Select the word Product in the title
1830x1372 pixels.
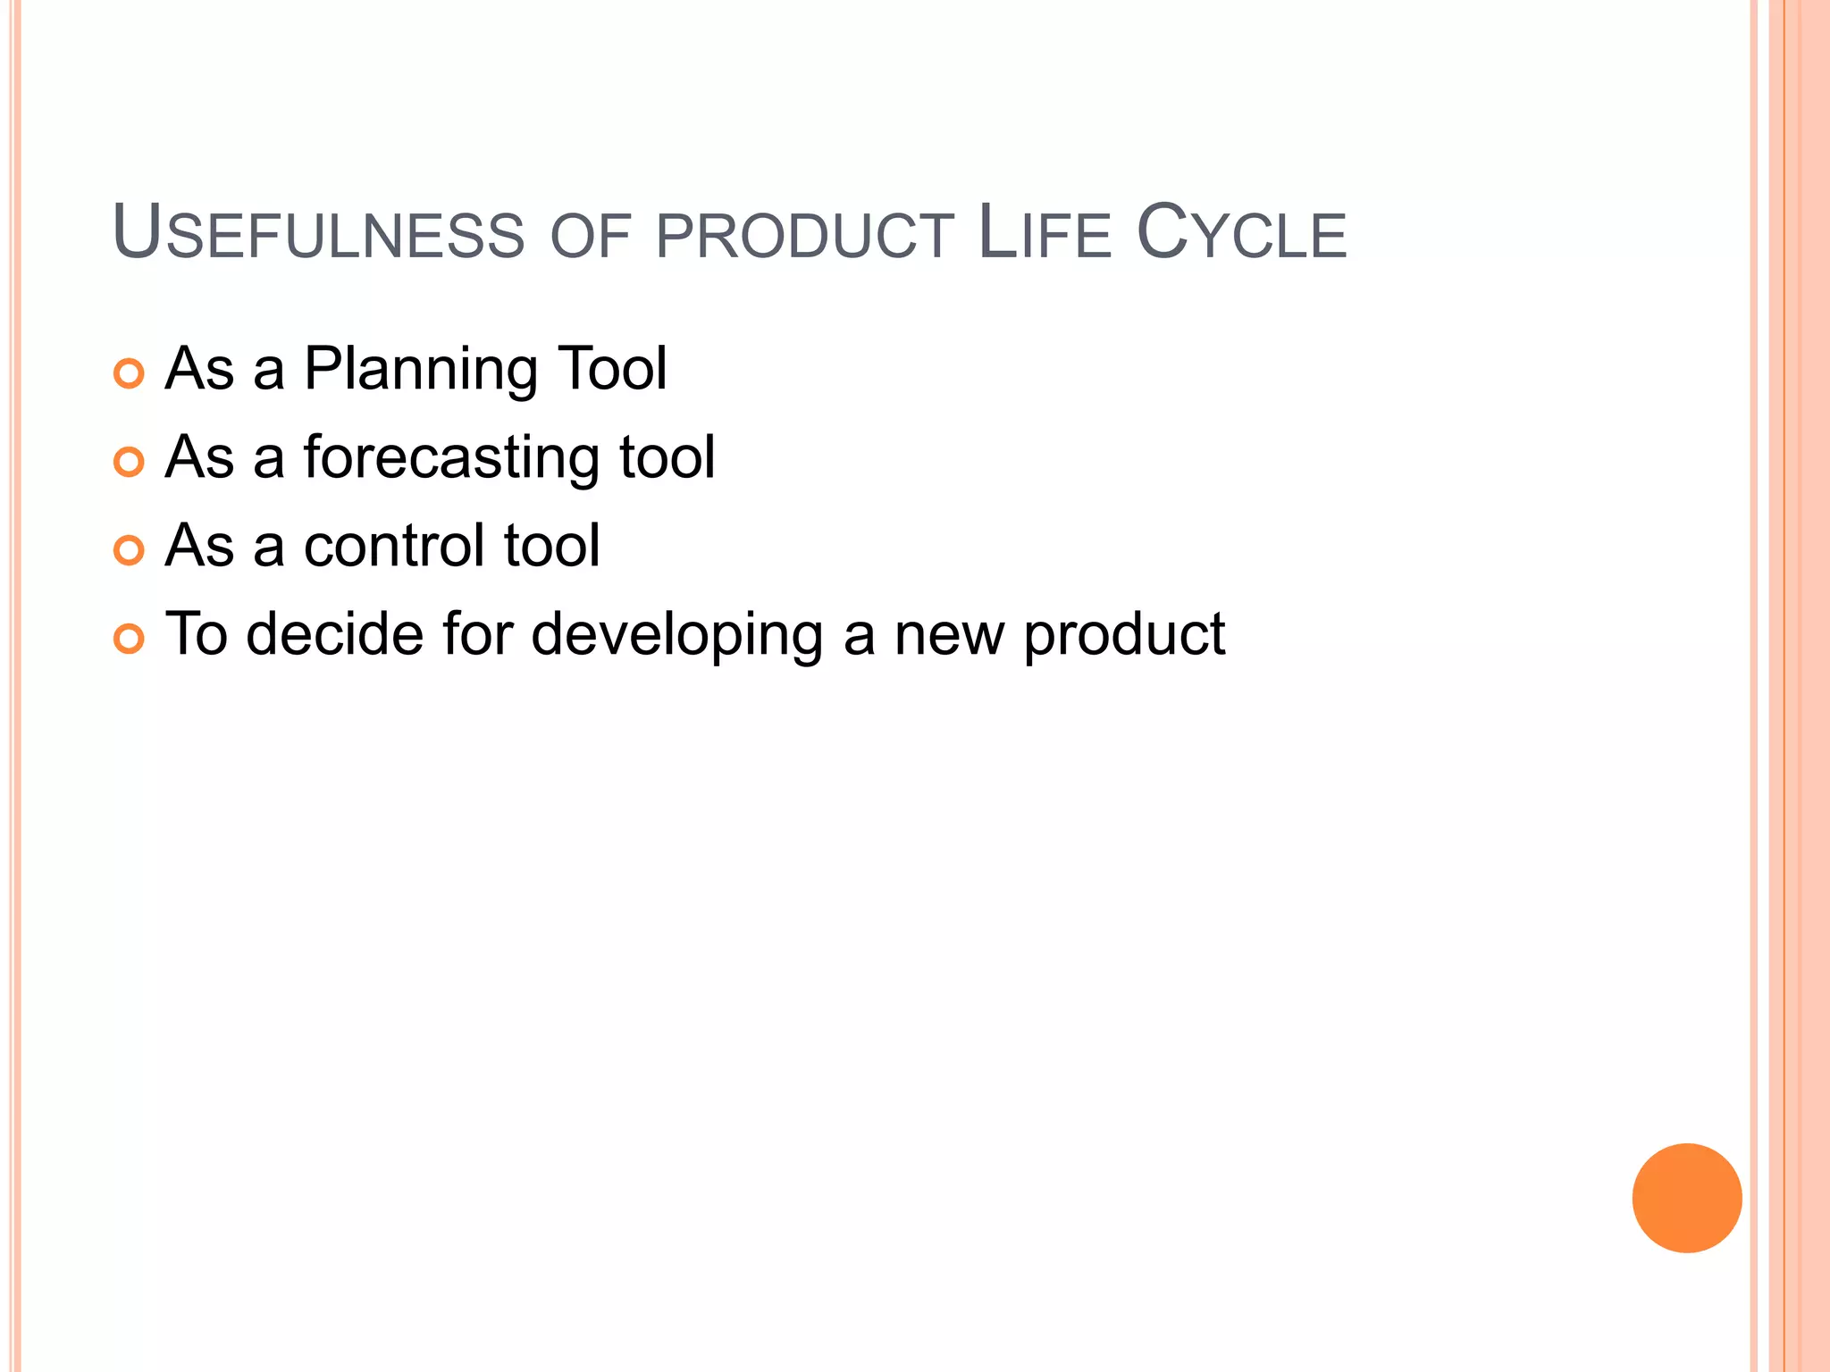tap(804, 237)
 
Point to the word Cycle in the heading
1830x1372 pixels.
tap(1241, 234)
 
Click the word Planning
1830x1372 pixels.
tap(421, 369)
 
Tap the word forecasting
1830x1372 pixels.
tap(450, 457)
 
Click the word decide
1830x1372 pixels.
tap(334, 633)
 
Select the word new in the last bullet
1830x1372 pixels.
tap(949, 635)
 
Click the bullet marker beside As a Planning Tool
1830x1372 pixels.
tap(130, 373)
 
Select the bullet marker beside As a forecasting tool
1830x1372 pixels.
tap(130, 462)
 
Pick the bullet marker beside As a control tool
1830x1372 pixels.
tap(130, 550)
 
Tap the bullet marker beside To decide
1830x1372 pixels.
tap(130, 639)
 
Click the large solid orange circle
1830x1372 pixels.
tap(1686, 1198)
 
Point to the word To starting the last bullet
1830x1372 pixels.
tap(197, 633)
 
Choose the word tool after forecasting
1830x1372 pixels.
tap(667, 456)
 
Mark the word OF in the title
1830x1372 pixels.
tap(590, 238)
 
